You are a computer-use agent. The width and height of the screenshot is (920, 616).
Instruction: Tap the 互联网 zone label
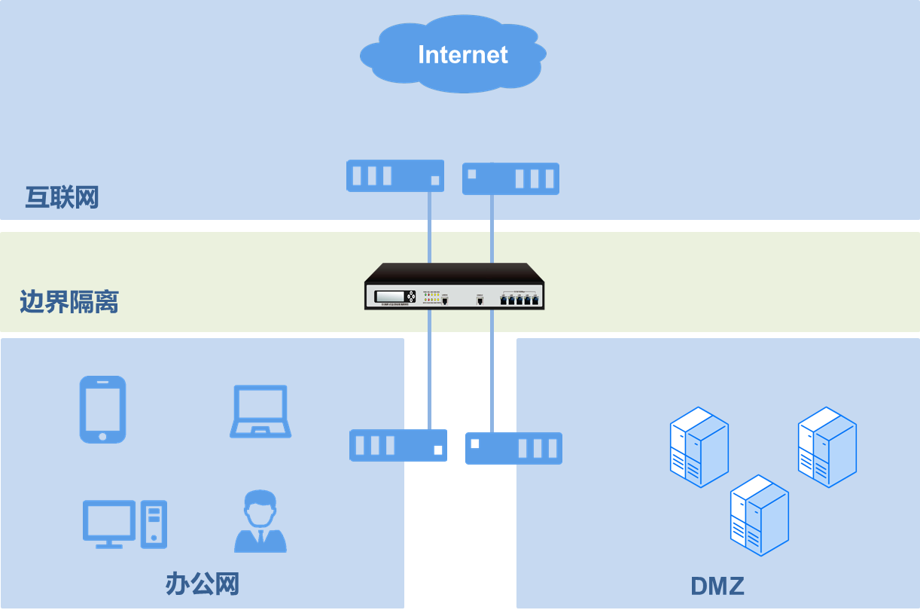tap(62, 197)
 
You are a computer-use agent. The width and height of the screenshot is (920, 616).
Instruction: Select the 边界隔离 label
tap(69, 302)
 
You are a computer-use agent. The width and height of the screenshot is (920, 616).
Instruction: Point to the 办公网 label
tap(202, 584)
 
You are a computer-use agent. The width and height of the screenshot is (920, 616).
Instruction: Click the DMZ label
tap(717, 586)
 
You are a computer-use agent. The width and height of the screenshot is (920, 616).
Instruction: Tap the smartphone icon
tap(102, 409)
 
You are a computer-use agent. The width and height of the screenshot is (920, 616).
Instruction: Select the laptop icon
tap(260, 411)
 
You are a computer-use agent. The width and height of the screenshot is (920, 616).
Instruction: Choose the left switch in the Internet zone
tap(395, 176)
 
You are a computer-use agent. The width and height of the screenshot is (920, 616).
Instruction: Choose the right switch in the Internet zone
tap(510, 178)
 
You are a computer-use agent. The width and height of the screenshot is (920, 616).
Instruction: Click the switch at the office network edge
tap(398, 445)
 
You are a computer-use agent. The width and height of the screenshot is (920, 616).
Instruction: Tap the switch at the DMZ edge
tap(513, 448)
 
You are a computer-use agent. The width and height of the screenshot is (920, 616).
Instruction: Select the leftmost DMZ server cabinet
tap(699, 447)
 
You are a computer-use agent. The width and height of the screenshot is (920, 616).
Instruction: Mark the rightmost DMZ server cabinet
tap(827, 447)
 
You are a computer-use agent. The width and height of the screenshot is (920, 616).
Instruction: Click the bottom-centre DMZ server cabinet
tap(759, 515)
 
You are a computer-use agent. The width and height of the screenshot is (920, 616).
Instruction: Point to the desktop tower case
tap(154, 524)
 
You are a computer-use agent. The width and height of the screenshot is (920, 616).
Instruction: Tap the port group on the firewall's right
tap(520, 299)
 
